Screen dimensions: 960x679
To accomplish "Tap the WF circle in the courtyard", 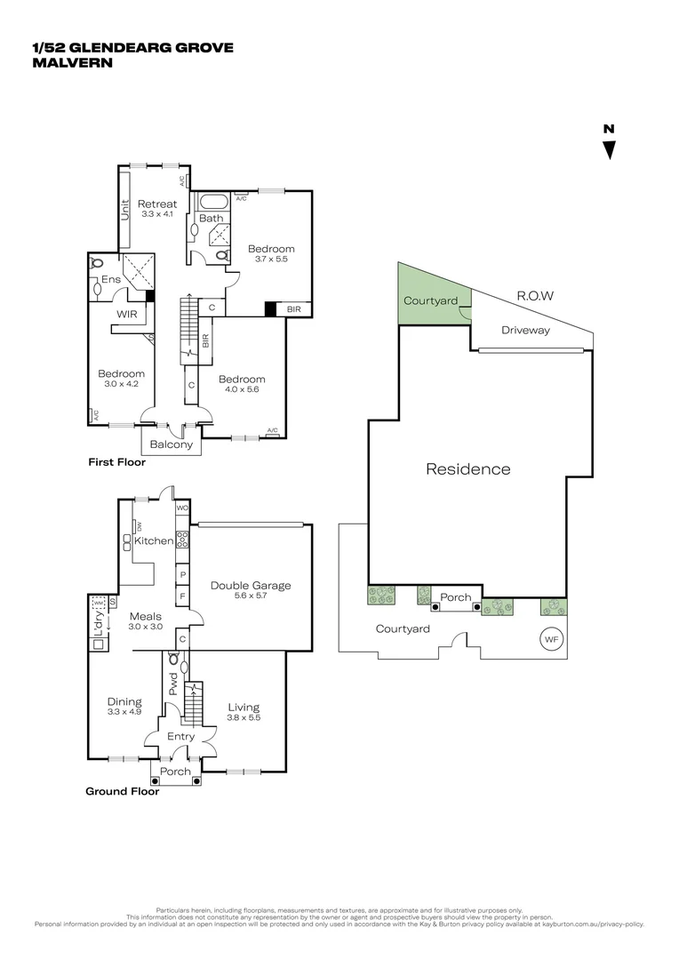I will point(551,638).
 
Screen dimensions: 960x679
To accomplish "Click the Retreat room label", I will point(156,204).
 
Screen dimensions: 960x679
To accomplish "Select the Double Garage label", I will point(251,585).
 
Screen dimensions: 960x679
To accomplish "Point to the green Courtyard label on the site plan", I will point(430,301).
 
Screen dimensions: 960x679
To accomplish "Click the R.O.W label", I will point(535,296).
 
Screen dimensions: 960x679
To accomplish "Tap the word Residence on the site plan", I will point(467,468).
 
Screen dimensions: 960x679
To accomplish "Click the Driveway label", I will point(525,330).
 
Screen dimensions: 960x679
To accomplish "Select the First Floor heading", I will point(116,462).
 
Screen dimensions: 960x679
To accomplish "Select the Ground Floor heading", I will point(122,791).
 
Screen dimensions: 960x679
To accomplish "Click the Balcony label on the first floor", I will point(171,444).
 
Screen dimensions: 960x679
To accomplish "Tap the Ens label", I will point(110,279).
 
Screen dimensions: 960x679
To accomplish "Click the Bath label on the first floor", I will point(211,218).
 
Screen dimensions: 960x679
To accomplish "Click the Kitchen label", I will point(154,540).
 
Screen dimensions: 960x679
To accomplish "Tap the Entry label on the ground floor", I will point(180,736).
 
